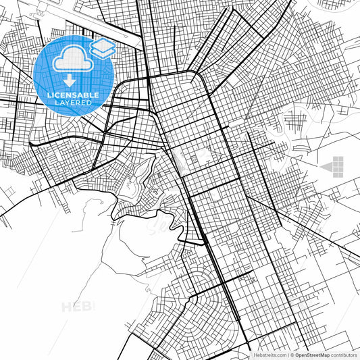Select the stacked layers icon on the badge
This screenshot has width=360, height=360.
[102, 48]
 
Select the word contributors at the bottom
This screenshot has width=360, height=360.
[344, 355]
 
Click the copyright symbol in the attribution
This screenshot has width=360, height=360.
[292, 355]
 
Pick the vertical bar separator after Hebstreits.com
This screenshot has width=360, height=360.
[287, 355]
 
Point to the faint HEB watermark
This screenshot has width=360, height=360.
[78, 307]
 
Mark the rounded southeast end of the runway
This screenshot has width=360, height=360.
[138, 43]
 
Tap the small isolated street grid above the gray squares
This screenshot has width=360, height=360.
[296, 122]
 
